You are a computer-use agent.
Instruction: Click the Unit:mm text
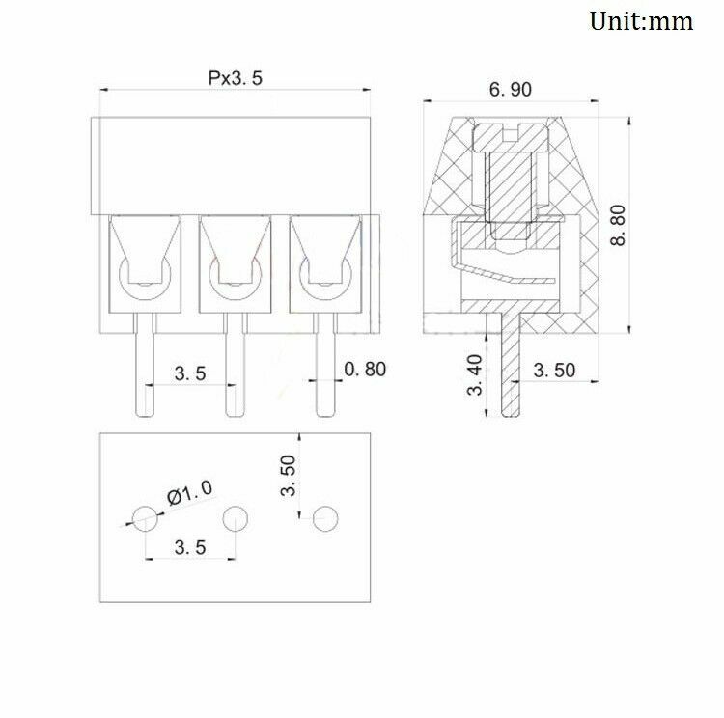pos(641,21)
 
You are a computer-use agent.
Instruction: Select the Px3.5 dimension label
pos(235,78)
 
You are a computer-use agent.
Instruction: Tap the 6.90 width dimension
pos(511,89)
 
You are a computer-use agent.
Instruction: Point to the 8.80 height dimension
pos(618,225)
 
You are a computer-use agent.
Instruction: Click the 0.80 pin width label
pos(365,370)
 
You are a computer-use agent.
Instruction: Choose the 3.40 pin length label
pos(475,375)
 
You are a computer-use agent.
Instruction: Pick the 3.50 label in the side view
pos(554,371)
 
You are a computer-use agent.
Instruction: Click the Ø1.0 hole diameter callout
pos(190,492)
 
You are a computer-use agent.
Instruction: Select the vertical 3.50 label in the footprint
pos(288,475)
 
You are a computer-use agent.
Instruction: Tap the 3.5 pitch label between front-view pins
pos(190,373)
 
